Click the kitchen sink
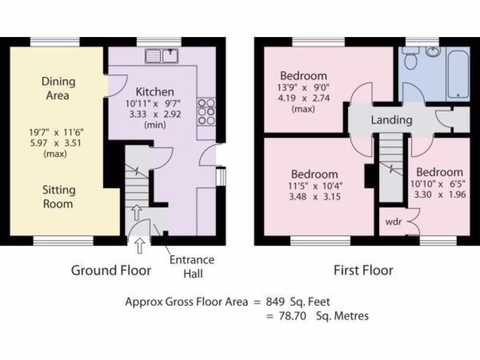(162, 56)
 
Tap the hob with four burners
(206, 112)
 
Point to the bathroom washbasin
(432, 52)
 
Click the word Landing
(391, 120)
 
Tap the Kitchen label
(155, 92)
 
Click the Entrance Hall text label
(192, 266)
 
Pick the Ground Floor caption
(111, 270)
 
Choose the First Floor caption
(363, 270)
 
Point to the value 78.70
(293, 316)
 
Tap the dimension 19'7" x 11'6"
(54, 133)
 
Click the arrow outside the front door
(139, 246)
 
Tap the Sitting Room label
(58, 197)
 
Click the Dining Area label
(58, 88)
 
